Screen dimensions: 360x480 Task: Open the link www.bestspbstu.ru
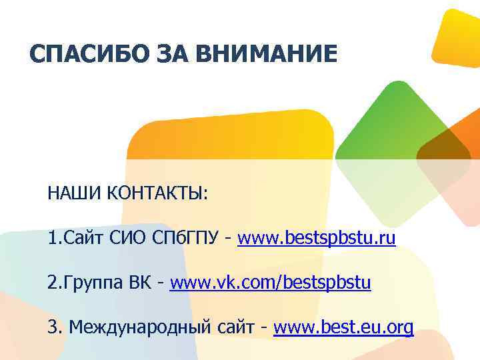click(x=316, y=238)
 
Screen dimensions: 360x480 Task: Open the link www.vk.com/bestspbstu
click(x=270, y=283)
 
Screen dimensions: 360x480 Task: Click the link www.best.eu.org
click(x=343, y=327)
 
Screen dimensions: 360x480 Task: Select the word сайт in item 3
click(x=238, y=327)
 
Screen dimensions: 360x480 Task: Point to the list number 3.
click(x=53, y=327)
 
